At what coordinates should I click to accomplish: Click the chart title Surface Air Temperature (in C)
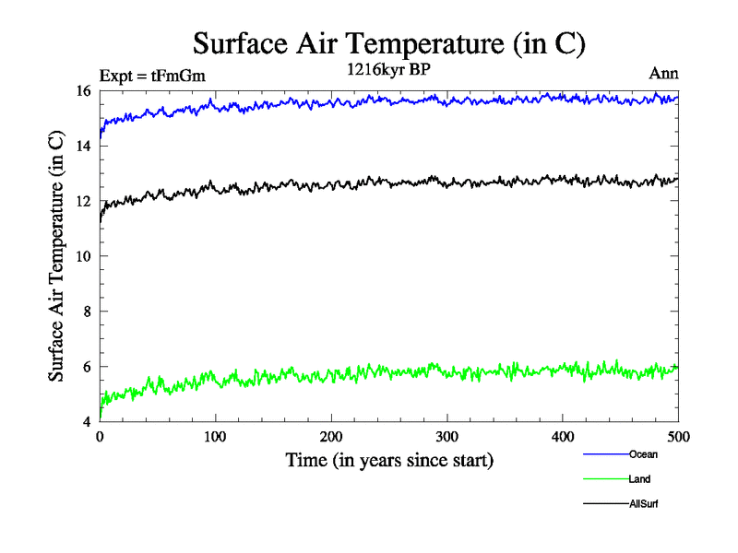389,43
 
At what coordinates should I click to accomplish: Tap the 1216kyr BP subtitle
387,70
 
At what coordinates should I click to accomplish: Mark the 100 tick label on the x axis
215,436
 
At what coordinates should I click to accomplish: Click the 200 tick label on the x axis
331,436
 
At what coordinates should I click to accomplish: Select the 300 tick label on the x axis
446,436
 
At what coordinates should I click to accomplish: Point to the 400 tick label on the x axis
563,436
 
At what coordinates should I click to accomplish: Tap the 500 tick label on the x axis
678,436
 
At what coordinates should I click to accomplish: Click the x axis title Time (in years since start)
389,460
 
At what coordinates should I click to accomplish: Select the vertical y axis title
56,256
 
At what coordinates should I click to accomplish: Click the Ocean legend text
643,454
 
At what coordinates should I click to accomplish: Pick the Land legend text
640,479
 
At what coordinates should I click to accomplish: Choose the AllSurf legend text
644,504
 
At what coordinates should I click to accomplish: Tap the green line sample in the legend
605,479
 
